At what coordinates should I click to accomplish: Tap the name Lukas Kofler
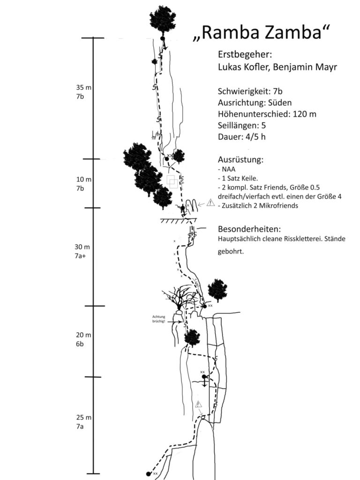(x=244, y=67)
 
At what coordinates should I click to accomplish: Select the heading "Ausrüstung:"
(x=240, y=159)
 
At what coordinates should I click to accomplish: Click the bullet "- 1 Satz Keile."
(x=238, y=179)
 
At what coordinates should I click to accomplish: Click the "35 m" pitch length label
(x=84, y=87)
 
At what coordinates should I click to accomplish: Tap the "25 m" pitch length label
(x=84, y=417)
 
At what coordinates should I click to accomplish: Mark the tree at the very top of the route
(x=162, y=20)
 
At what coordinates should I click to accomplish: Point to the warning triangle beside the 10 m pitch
(x=210, y=203)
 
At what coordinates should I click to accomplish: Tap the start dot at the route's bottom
(x=149, y=473)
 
